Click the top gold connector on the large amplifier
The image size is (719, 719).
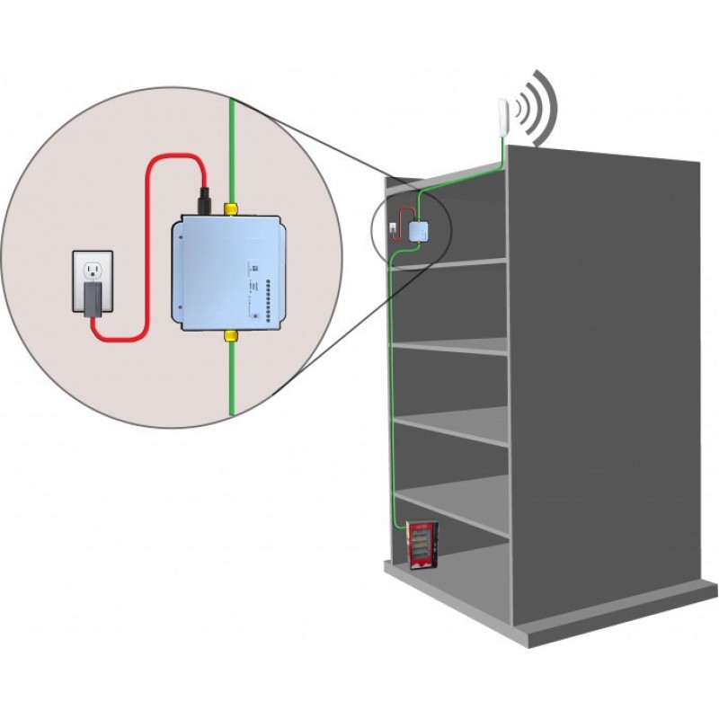click(230, 209)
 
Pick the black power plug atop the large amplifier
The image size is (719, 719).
click(206, 199)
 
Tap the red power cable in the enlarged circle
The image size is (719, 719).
click(148, 243)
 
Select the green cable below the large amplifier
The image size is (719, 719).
click(231, 377)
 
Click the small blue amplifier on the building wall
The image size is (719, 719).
click(420, 231)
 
